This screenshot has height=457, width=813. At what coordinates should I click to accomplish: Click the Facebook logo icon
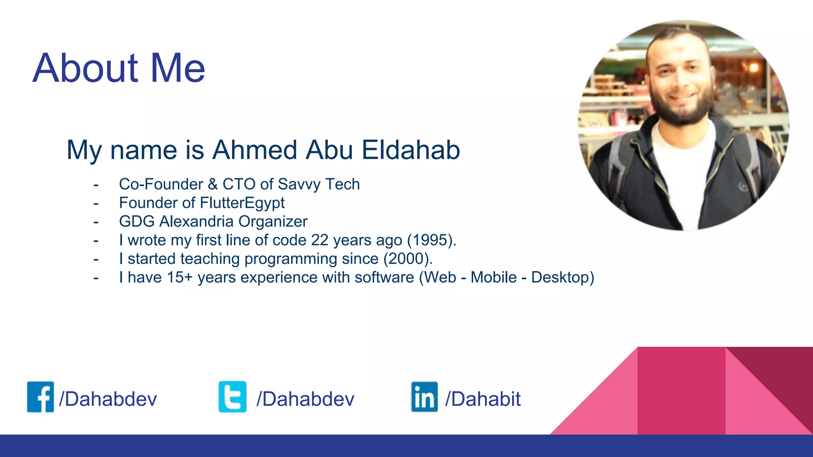pyautogui.click(x=40, y=397)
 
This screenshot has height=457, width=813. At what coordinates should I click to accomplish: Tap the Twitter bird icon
pyautogui.click(x=233, y=397)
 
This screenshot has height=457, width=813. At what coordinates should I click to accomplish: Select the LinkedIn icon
pyautogui.click(x=424, y=397)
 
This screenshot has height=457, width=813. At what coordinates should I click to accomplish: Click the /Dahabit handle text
pyautogui.click(x=483, y=399)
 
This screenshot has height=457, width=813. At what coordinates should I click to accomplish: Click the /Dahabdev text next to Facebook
pyautogui.click(x=108, y=399)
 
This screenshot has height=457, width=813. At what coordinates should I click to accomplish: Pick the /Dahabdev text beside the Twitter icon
pyautogui.click(x=305, y=399)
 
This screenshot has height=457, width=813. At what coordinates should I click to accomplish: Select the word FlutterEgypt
pyautogui.click(x=242, y=203)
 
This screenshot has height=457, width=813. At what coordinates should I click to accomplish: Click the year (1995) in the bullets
pyautogui.click(x=432, y=240)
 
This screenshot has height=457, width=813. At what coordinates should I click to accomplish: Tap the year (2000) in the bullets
pyautogui.click(x=408, y=259)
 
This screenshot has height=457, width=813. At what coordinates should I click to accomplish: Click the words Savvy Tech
pyautogui.click(x=319, y=184)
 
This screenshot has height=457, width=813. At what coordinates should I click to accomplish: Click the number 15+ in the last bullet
pyautogui.click(x=179, y=278)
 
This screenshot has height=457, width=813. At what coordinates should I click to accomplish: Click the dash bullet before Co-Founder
pyautogui.click(x=96, y=185)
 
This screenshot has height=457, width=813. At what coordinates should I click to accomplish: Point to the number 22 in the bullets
pyautogui.click(x=320, y=240)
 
